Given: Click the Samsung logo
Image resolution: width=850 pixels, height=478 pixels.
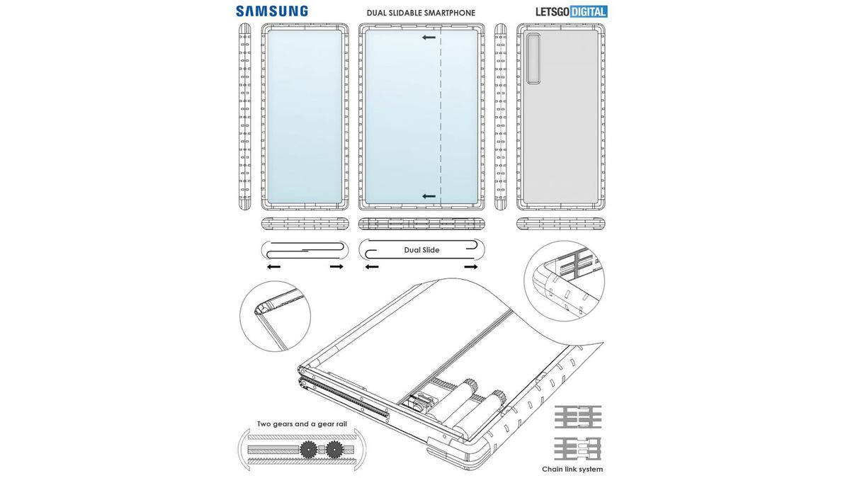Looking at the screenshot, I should (272, 11).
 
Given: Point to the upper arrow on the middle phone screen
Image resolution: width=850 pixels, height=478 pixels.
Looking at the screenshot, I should (428, 38).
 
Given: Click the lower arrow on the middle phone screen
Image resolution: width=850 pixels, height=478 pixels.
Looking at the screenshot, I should (428, 195).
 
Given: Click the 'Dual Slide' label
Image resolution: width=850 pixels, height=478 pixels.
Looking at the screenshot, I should (421, 250).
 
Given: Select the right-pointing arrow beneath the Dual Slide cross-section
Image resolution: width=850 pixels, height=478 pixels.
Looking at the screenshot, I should (470, 267).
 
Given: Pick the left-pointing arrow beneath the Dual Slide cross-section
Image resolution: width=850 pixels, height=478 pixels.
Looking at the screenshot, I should (370, 267).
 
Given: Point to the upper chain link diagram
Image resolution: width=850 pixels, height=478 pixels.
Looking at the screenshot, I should (578, 417).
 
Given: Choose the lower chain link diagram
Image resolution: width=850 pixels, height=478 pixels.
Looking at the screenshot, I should (578, 448).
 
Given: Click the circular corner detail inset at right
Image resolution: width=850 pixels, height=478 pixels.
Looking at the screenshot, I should (564, 280).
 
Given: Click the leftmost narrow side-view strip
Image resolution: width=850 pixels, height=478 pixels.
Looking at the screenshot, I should (245, 117).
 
